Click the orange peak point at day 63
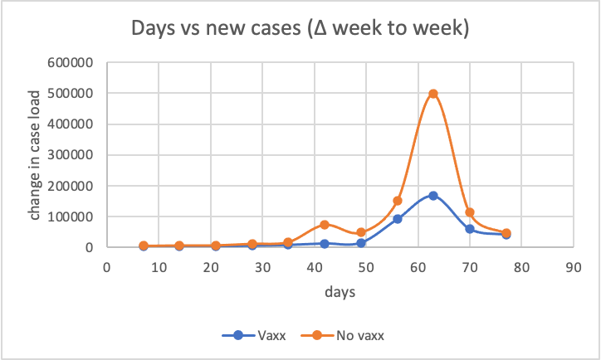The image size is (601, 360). tap(433, 94)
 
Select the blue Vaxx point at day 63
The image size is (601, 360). tap(433, 196)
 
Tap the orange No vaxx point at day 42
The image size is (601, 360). tap(325, 225)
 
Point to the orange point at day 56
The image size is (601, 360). tap(398, 201)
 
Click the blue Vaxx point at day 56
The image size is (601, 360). tap(398, 219)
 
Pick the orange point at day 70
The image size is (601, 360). tap(470, 212)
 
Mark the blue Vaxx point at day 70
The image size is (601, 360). tap(470, 229)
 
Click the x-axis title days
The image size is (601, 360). tap(340, 292)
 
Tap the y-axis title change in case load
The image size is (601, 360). tap(36, 154)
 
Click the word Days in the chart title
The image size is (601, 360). tap(154, 30)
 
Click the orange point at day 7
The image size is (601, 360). tap(144, 246)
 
